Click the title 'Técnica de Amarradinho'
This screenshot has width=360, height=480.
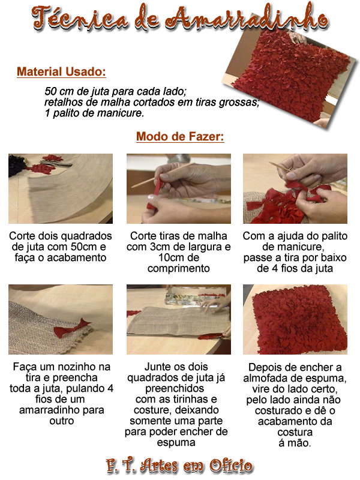pyautogui.click(x=180, y=19)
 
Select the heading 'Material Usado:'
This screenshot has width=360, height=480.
pyautogui.click(x=61, y=71)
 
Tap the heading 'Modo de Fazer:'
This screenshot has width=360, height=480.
pyautogui.click(x=180, y=137)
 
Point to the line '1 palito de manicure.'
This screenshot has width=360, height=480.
pyautogui.click(x=94, y=113)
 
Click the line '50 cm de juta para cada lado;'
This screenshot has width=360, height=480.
pyautogui.click(x=115, y=91)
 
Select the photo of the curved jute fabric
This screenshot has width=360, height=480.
pyautogui.click(x=61, y=188)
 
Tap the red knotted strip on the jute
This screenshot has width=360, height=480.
pyautogui.click(x=71, y=328)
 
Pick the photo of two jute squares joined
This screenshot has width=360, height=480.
pyautogui.click(x=179, y=320)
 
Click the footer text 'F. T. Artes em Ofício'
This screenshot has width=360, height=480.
pyautogui.click(x=179, y=466)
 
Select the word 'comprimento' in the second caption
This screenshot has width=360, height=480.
pyautogui.click(x=179, y=268)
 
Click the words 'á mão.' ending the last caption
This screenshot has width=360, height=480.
pyautogui.click(x=295, y=443)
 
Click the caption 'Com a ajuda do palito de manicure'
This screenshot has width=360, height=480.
pyautogui.click(x=295, y=241)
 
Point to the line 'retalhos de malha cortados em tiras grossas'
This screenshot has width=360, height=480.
pyautogui.click(x=152, y=102)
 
